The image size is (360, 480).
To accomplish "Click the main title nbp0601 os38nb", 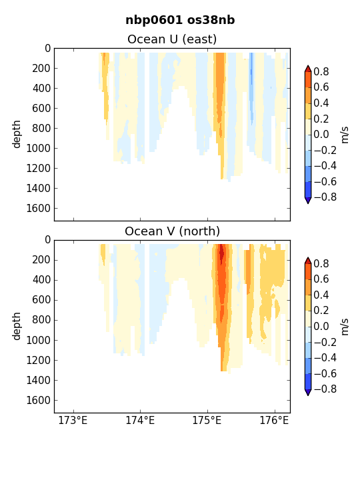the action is (180, 20).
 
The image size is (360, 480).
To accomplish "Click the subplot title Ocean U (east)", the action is (172, 39).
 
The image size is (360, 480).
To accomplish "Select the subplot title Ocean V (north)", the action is (173, 231).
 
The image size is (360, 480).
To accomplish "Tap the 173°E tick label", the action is (73, 420).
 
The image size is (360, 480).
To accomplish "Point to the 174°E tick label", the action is (140, 420).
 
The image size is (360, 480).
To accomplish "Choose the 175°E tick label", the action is (207, 420).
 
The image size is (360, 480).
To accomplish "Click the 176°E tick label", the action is (274, 420).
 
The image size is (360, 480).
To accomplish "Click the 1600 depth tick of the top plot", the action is (38, 209).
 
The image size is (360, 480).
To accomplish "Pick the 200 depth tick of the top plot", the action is (41, 68).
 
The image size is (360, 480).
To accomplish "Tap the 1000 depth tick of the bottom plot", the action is (38, 340).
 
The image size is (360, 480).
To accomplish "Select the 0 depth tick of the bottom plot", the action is (47, 240).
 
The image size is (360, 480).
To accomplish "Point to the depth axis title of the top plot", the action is (16, 134).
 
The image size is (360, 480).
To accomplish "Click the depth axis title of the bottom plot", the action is (16, 326).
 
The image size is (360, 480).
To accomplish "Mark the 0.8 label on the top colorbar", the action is (321, 71).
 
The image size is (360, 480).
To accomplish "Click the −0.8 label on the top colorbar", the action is (325, 197).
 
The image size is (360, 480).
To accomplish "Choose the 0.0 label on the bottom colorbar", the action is (321, 326).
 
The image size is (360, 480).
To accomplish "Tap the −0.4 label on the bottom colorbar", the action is (325, 357).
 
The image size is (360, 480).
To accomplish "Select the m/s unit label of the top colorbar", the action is (345, 135).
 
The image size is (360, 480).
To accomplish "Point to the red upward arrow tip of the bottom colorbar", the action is (308, 258).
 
